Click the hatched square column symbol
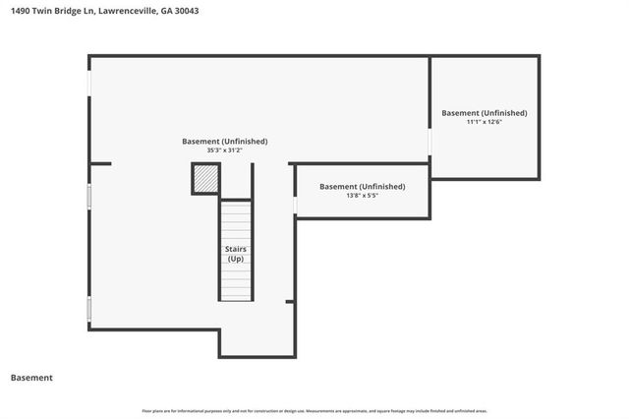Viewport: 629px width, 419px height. pos(204,179)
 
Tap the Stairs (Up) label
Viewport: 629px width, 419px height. pos(236,254)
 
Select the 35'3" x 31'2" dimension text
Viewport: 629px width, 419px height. pos(224,150)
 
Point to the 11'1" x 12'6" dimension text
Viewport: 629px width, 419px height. pos(484,122)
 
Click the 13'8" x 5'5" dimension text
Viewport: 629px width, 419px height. pos(362,196)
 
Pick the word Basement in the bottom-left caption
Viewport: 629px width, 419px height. pos(31,378)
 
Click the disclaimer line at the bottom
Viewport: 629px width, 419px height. pos(314,410)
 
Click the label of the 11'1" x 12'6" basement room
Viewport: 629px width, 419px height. pos(484,112)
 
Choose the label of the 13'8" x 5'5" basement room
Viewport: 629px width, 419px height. pos(362,186)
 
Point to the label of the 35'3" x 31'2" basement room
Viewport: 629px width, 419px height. pos(224,141)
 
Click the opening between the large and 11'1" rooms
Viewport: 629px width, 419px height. pos(429,143)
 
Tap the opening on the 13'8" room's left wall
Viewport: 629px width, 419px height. pos(295,205)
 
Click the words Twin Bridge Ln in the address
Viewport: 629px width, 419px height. pos(69,11)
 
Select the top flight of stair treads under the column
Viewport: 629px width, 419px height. pos(236,221)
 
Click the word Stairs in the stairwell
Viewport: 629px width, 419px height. pos(236,249)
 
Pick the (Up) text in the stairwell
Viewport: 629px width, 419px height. pos(236,259)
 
